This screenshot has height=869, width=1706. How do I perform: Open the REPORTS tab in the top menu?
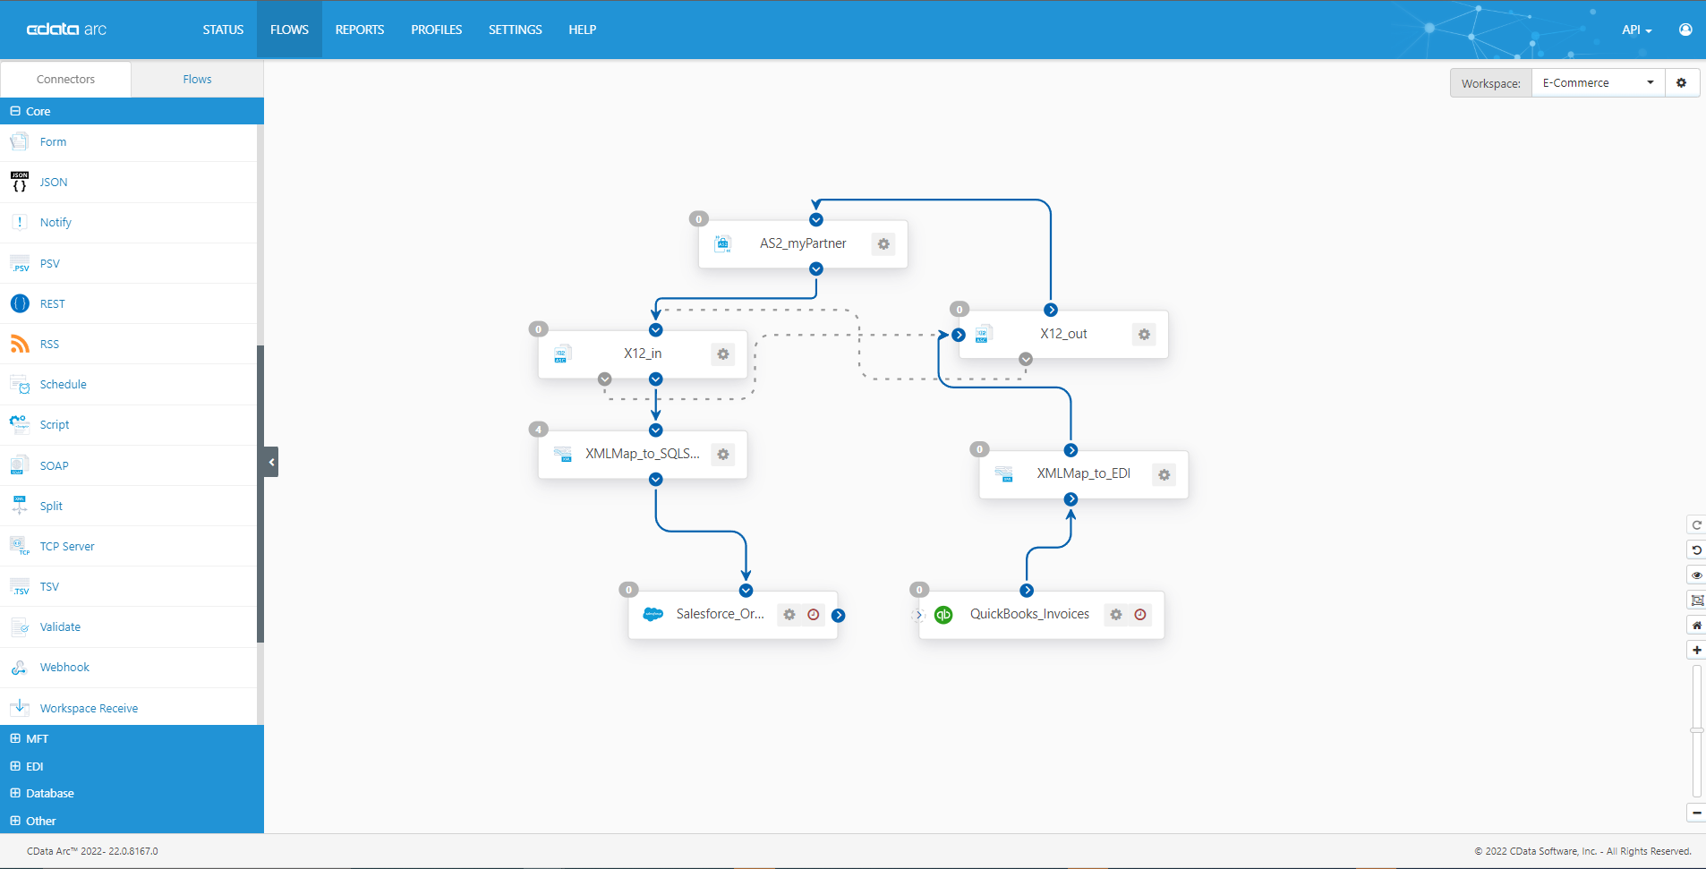click(x=359, y=30)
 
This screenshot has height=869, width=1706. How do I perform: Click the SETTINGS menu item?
click(x=515, y=30)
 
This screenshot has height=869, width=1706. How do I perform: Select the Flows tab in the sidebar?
click(x=197, y=80)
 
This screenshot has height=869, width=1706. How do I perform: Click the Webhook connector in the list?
click(x=64, y=668)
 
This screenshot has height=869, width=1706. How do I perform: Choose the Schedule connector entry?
click(x=63, y=385)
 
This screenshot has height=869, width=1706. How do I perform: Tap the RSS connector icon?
click(x=20, y=344)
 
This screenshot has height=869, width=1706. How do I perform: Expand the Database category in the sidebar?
click(x=49, y=794)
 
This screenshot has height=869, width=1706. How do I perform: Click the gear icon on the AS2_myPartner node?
click(x=883, y=244)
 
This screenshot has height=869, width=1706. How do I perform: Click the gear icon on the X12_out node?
click(x=1144, y=335)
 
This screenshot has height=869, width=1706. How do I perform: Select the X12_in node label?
click(x=643, y=354)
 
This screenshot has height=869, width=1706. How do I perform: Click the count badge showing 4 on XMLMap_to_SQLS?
click(x=538, y=430)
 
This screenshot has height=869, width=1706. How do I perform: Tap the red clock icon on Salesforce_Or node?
click(x=814, y=615)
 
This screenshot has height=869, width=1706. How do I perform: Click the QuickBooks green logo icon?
click(x=943, y=615)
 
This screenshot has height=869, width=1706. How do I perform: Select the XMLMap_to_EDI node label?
click(x=1083, y=473)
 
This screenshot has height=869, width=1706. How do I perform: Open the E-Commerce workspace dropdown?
click(x=1598, y=83)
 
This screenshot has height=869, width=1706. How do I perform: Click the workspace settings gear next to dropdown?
click(x=1682, y=83)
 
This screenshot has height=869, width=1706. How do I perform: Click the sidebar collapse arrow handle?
click(x=271, y=462)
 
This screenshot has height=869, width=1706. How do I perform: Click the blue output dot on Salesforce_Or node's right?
click(x=839, y=616)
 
